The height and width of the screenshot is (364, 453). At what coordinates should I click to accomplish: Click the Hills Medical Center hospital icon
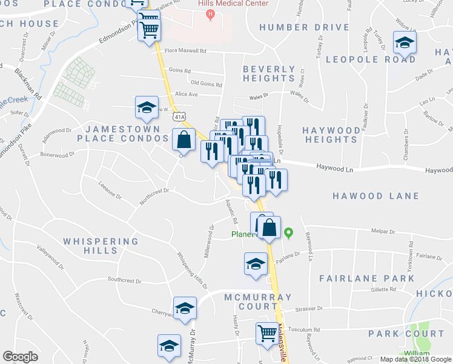(210, 14)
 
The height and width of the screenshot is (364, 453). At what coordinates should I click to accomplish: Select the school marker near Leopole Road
(404, 44)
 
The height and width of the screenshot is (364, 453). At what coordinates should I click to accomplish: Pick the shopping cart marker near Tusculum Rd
(267, 332)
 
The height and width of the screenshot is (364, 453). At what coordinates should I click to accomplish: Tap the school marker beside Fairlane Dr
(256, 265)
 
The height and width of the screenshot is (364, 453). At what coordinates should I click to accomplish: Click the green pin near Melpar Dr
(289, 232)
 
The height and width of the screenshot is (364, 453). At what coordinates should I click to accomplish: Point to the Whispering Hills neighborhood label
(101, 246)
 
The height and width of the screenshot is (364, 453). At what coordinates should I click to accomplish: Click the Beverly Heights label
(269, 73)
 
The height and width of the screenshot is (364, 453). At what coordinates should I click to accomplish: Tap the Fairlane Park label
(367, 278)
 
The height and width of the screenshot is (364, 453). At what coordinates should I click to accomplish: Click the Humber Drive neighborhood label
(303, 27)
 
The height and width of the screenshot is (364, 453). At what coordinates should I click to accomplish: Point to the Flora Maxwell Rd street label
(181, 52)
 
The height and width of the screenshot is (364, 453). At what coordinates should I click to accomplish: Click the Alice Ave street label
(186, 95)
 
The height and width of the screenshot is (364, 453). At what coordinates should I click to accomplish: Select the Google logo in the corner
(20, 357)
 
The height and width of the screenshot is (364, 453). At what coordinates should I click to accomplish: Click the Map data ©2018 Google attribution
(415, 359)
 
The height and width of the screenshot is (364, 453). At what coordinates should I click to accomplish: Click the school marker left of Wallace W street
(147, 108)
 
